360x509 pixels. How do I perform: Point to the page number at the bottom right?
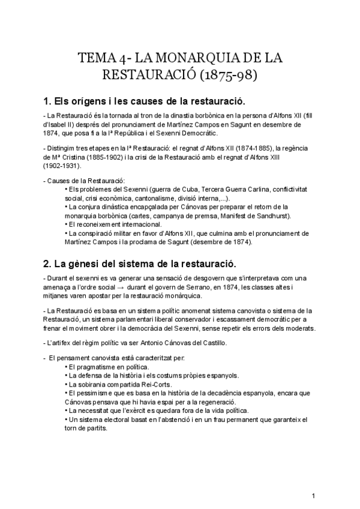coord(313,496)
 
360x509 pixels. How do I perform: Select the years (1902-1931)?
coord(62,165)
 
